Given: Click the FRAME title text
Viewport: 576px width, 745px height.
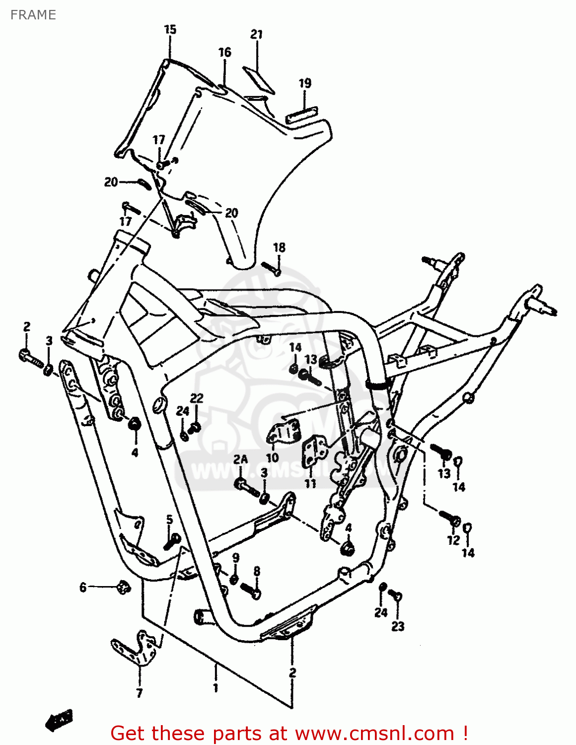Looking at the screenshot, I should pos(33,15).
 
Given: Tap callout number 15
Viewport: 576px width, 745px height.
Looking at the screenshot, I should pos(170,30).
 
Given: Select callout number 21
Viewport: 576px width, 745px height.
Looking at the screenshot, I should pos(256,34).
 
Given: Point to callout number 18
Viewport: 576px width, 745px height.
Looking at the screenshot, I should pos(280,247).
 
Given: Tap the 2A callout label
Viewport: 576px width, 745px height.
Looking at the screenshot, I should pos(240,459).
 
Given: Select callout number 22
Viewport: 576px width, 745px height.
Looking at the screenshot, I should pos(197,398).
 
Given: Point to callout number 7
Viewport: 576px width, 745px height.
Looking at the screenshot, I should pos(140,693).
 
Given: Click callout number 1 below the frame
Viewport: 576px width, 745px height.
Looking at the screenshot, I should pos(216,688).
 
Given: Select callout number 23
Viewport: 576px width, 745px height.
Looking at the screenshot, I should pos(398,626).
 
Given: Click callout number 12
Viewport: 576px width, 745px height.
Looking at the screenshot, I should pos(453,540).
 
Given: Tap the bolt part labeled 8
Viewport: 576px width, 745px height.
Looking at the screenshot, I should pos(251,590).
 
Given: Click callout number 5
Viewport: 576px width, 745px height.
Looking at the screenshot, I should pos(169,520).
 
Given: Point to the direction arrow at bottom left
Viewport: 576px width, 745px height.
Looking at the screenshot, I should pos(59,719).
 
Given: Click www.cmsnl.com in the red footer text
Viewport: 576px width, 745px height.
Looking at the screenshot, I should pos(375,733).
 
